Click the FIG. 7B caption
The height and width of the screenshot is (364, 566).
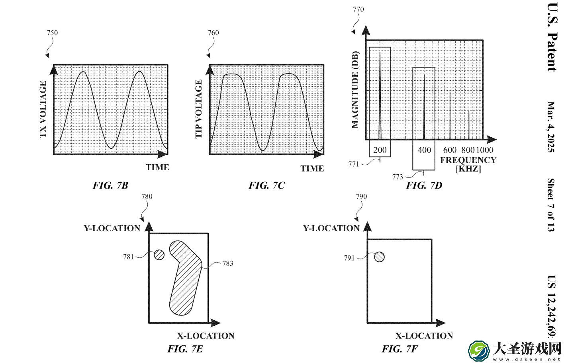point(110,185)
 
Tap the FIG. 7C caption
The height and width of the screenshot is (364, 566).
point(266,185)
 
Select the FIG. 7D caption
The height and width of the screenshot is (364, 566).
point(424,185)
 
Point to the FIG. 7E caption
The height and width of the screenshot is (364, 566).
point(185,349)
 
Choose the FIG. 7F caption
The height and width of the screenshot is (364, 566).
point(400,349)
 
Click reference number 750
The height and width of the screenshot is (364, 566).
point(52,33)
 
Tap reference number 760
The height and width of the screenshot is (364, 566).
point(213,33)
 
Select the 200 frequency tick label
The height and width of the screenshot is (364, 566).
point(380,150)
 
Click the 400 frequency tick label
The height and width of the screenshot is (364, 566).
point(424,150)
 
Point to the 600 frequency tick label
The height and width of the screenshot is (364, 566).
point(450,150)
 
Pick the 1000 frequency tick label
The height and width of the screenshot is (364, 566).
point(485,150)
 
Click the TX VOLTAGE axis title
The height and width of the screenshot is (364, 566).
point(43,109)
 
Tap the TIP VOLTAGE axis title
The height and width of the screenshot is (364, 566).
point(199,109)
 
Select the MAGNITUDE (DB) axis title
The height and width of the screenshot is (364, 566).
point(355,90)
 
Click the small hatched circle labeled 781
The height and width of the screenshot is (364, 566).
point(159,255)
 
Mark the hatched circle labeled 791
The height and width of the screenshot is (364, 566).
point(379,257)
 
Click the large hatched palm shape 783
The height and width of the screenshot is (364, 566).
point(186,278)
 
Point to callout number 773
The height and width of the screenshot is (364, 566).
point(398,177)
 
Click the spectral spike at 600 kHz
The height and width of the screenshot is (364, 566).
point(450,116)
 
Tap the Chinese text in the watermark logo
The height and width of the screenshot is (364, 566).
point(527,349)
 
